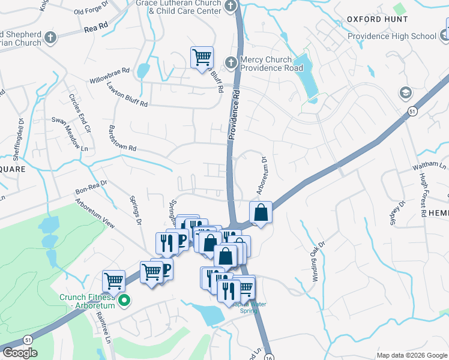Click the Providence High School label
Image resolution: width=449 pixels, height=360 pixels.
point(392,36)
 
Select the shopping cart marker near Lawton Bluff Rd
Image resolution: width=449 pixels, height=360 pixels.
point(202,58)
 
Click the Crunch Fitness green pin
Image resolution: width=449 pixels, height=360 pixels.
point(125,301)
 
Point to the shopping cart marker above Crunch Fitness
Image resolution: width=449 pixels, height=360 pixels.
point(113,280)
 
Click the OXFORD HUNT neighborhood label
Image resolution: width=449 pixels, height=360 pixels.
point(377,19)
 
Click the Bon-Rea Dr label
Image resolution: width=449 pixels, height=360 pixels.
point(91,188)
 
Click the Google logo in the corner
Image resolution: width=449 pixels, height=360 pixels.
point(20,353)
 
